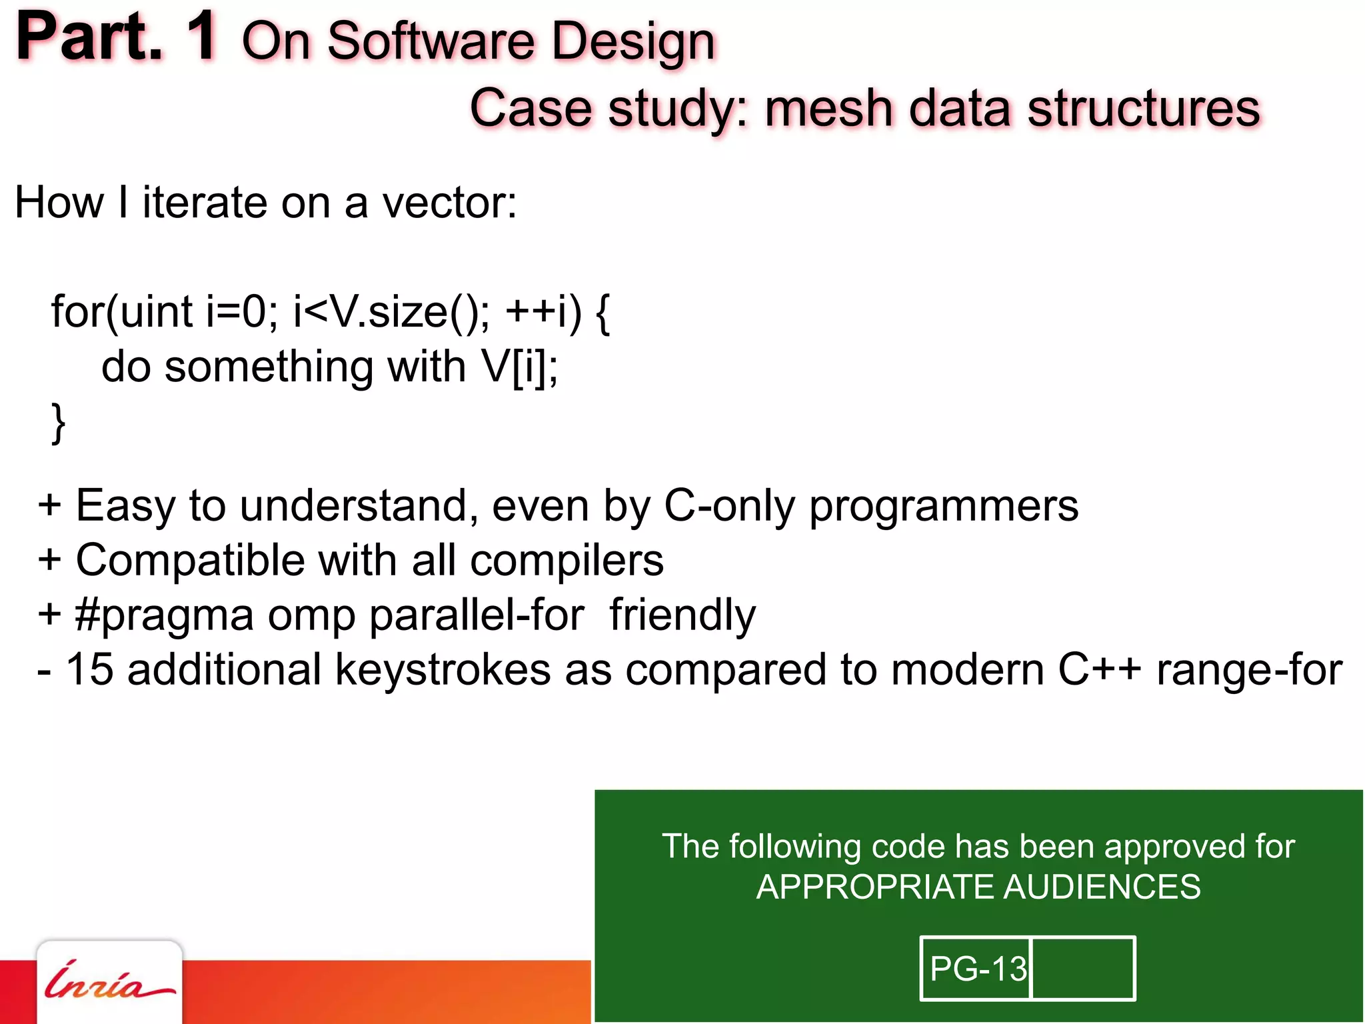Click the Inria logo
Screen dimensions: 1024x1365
pyautogui.click(x=109, y=983)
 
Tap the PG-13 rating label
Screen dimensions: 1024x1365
pyautogui.click(x=977, y=969)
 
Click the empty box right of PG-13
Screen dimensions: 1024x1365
pyautogui.click(x=1082, y=969)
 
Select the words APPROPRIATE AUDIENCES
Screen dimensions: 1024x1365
pyautogui.click(x=978, y=887)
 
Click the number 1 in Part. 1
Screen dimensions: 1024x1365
pyautogui.click(x=201, y=37)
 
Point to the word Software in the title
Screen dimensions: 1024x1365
pyautogui.click(x=431, y=41)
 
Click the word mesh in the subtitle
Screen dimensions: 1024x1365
pyautogui.click(x=828, y=108)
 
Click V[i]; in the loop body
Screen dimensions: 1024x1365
pyautogui.click(x=520, y=367)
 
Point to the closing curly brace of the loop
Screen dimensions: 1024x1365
pyautogui.click(x=59, y=423)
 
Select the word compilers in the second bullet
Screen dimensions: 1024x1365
pyautogui.click(x=567, y=560)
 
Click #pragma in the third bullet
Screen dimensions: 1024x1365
pyautogui.click(x=164, y=615)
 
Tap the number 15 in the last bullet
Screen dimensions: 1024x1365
pyautogui.click(x=89, y=669)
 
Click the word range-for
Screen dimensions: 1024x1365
pyautogui.click(x=1249, y=669)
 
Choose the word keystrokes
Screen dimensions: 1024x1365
pyautogui.click(x=443, y=669)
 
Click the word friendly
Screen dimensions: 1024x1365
pyautogui.click(x=682, y=615)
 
